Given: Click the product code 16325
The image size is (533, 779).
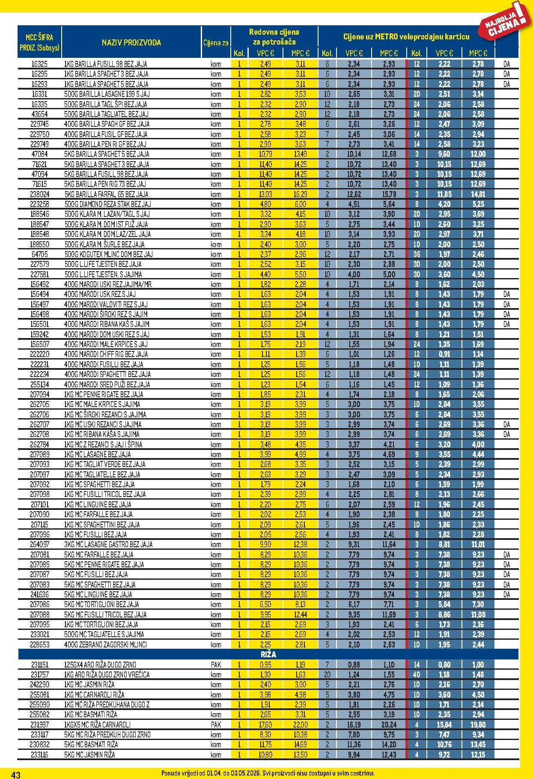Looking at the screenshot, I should [x=39, y=64].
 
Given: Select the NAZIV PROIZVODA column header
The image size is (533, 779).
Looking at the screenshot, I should [x=131, y=42].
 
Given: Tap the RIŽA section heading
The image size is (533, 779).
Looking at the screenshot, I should [x=268, y=654].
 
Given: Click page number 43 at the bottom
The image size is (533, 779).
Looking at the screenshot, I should [x=15, y=774].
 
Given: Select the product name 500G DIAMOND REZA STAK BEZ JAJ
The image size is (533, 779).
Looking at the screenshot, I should [x=107, y=204].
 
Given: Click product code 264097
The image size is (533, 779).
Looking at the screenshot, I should [x=39, y=544].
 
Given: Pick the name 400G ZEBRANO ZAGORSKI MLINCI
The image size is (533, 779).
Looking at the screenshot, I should [x=105, y=644].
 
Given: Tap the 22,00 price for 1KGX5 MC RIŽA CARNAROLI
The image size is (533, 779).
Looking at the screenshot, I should [x=300, y=725].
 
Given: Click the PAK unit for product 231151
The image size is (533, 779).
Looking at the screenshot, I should [x=216, y=665].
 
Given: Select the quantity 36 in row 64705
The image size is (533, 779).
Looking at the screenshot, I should [x=417, y=254].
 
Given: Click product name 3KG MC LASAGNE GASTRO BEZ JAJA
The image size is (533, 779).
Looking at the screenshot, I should [x=108, y=544].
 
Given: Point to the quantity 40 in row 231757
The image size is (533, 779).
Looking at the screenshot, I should [x=417, y=674].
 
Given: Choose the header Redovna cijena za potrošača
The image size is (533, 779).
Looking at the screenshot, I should [x=274, y=37].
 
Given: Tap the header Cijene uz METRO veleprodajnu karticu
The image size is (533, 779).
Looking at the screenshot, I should [x=406, y=37].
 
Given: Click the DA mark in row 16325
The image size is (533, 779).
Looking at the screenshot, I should [x=506, y=64].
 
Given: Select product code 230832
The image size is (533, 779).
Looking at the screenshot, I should [x=39, y=744].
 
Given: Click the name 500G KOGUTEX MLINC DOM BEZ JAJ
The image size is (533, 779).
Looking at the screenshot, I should [x=108, y=254].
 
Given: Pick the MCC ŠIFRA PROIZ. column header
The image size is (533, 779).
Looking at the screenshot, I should [x=39, y=42].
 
